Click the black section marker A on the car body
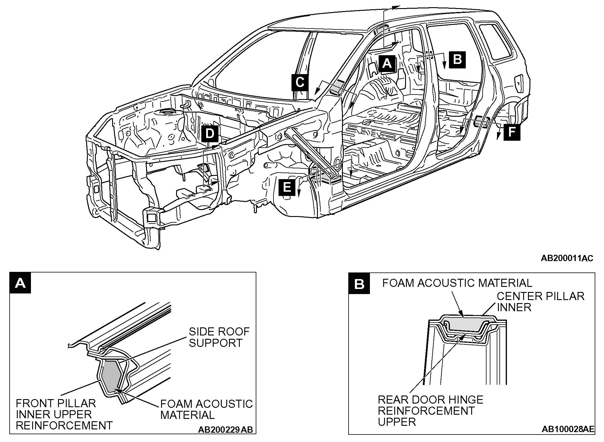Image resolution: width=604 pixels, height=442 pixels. coord(387,64)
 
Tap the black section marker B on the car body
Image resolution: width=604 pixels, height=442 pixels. coord(457,59)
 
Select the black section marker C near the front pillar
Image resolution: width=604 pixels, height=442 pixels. coord(300,82)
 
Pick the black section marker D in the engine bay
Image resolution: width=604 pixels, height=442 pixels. coord(210,134)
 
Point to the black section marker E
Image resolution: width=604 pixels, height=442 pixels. coord(287,188)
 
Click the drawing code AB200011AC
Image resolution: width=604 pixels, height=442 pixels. coord(567,258)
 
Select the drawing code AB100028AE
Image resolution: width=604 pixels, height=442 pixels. coord(568,429)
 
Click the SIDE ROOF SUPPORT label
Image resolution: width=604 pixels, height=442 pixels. coord(219,337)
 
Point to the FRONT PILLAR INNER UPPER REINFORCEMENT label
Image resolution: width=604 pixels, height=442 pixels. coord(64,414)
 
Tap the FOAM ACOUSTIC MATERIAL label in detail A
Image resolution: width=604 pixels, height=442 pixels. coord(206,409)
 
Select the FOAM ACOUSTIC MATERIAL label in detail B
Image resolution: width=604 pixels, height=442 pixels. coord(457,283)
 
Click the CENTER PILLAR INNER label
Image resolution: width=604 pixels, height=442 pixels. coord(540,302)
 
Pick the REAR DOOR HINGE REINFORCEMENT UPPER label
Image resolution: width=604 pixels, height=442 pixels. coord(430,410)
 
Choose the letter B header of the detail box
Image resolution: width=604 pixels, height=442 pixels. coord(359,283)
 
